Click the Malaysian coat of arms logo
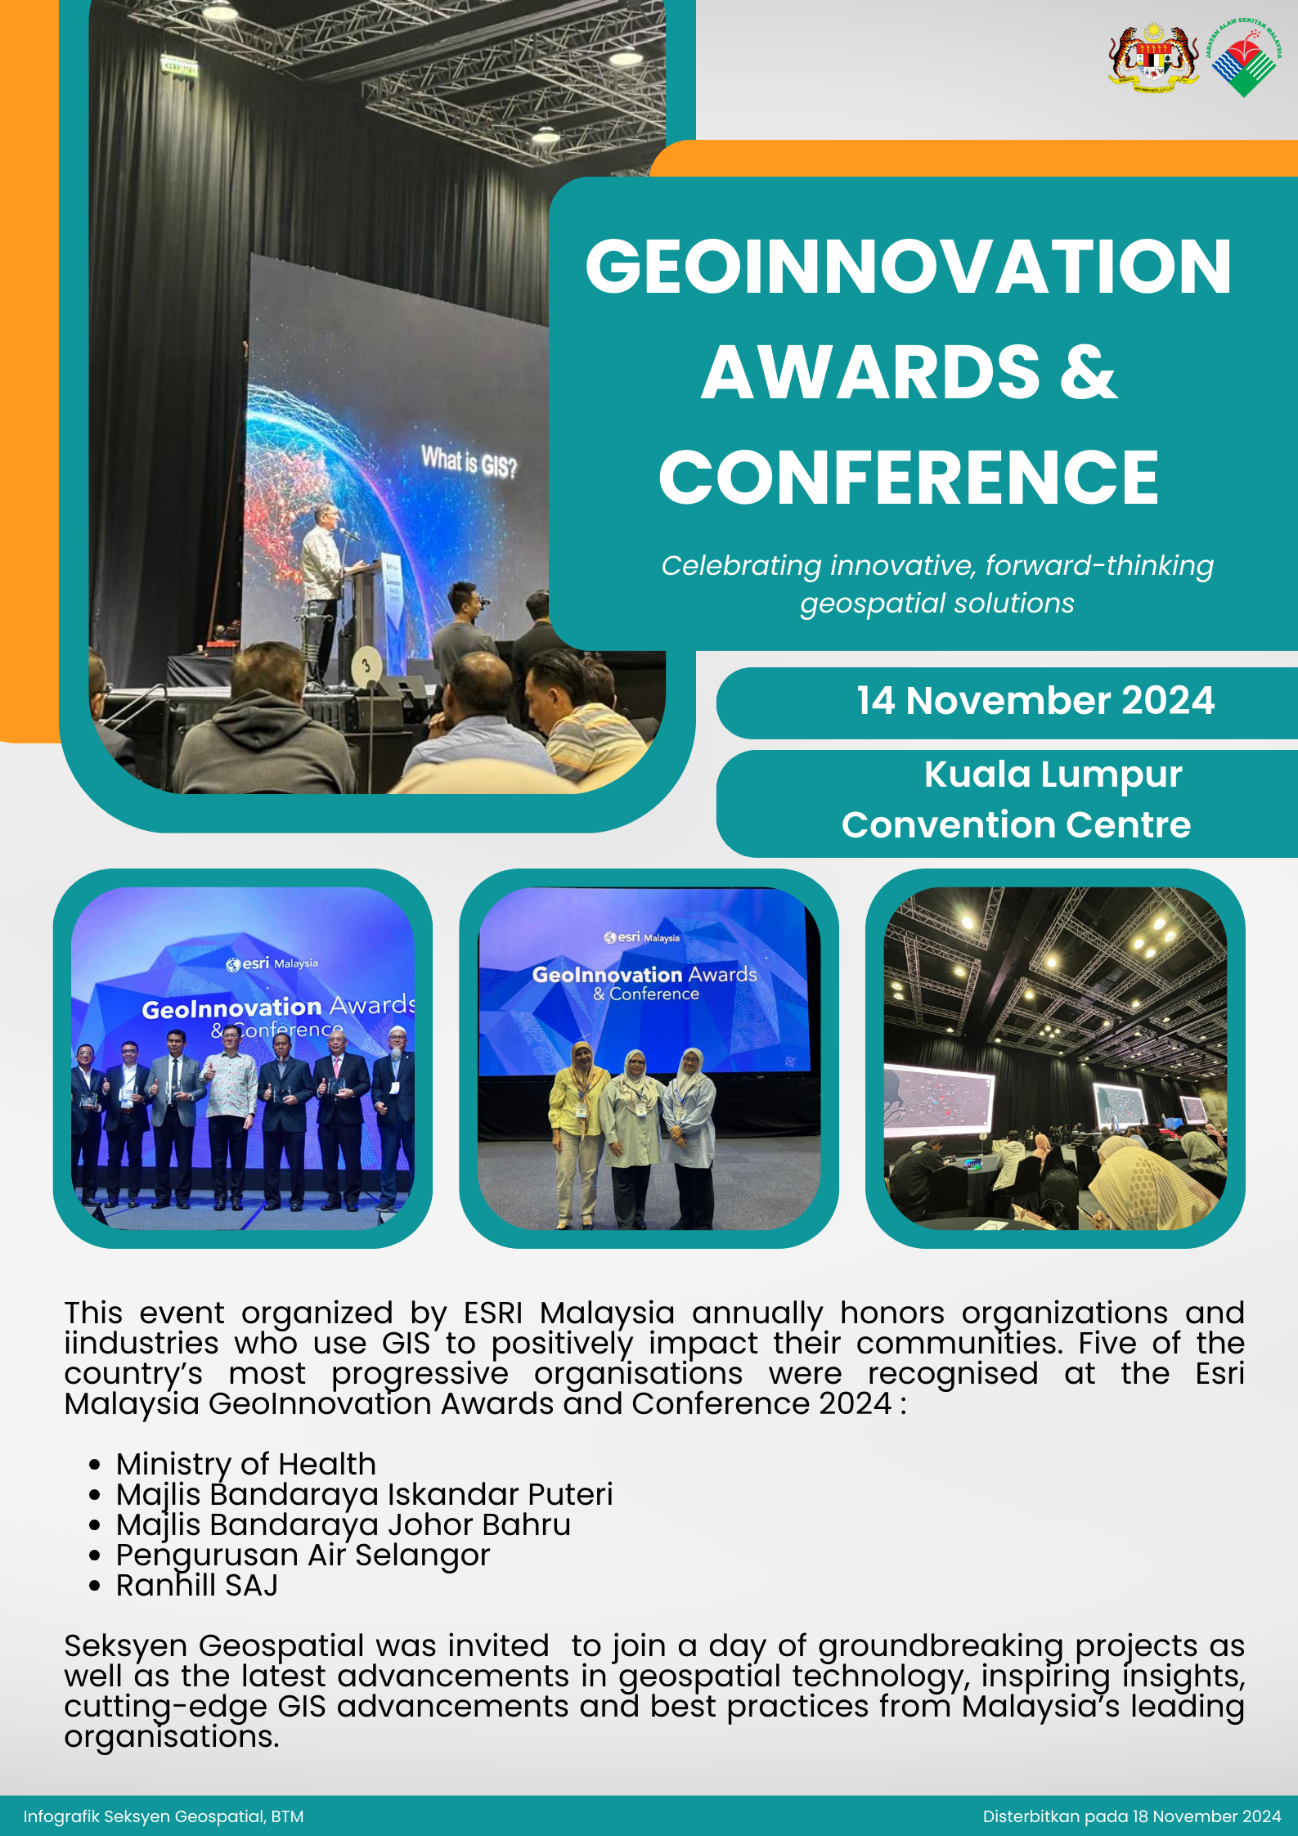[1153, 57]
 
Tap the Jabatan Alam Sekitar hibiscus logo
[1244, 57]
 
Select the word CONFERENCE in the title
[909, 478]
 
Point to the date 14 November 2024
[1035, 701]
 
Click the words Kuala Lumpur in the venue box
[1053, 774]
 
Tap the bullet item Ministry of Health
[246, 1464]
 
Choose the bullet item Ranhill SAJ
[197, 1585]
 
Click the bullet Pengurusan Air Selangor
[303, 1555]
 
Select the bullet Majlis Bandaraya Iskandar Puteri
[365, 1494]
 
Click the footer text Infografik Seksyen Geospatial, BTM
[164, 1816]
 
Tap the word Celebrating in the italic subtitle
[741, 565]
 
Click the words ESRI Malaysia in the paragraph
[569, 1313]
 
